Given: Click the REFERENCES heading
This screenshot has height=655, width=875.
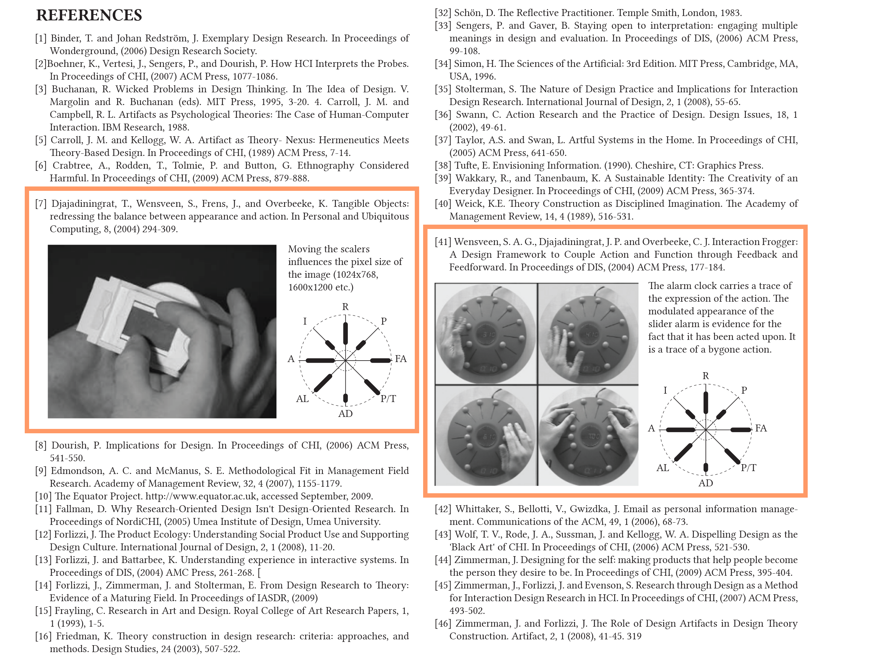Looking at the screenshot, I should tap(89, 15).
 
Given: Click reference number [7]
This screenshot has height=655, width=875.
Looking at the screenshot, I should tap(41, 204).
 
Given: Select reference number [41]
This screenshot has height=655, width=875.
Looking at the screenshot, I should tap(443, 242).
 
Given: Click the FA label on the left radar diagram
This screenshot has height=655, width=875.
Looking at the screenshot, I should tap(400, 358).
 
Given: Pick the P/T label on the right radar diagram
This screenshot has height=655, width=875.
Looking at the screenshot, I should tap(748, 468).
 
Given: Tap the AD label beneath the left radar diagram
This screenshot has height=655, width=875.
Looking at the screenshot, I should tap(345, 414).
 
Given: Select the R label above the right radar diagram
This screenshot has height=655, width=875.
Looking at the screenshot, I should tap(705, 375).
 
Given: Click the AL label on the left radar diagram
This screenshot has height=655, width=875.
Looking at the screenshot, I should tap(302, 398).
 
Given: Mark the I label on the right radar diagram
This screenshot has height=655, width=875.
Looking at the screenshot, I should tap(665, 390).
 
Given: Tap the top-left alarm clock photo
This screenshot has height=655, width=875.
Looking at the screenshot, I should tap(486, 333).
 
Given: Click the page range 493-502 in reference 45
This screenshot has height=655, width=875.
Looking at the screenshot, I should tap(467, 611).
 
